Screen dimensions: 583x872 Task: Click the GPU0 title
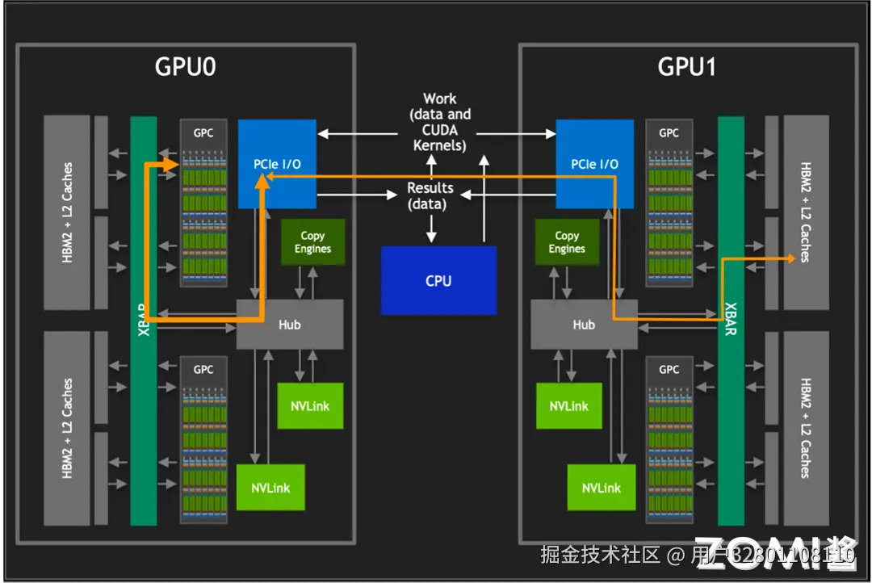[x=185, y=66]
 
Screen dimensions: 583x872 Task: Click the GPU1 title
[x=687, y=66]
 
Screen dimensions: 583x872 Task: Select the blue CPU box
[x=438, y=280]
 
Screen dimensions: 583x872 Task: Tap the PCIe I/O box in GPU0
[x=277, y=164]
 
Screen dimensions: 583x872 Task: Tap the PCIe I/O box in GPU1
[x=594, y=164]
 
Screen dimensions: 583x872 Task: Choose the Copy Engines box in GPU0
[x=312, y=242]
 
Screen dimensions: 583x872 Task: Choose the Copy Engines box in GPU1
[x=567, y=242]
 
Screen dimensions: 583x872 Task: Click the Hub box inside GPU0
[x=289, y=325]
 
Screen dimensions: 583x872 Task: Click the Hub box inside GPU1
[x=583, y=325]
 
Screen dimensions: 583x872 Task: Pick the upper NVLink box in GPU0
[x=310, y=406]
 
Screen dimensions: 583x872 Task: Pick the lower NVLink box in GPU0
[x=270, y=487]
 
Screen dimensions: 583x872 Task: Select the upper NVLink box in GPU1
[x=568, y=406]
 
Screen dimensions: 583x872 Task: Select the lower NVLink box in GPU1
[x=601, y=487]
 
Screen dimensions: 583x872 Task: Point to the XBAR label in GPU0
[x=144, y=320]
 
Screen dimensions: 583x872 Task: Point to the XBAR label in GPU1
[x=730, y=320]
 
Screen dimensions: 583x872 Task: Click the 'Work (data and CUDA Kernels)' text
[x=439, y=122]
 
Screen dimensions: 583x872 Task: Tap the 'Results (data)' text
[x=430, y=195]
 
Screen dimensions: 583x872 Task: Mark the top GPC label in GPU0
[x=203, y=132]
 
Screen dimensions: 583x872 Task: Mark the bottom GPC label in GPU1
[x=669, y=369]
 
